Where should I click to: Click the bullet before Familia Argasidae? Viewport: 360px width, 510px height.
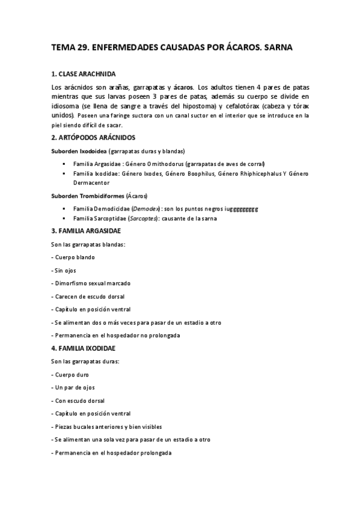point(63,164)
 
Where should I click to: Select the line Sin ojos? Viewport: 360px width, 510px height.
point(66,270)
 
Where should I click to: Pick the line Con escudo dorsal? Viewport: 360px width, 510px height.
point(79,401)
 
